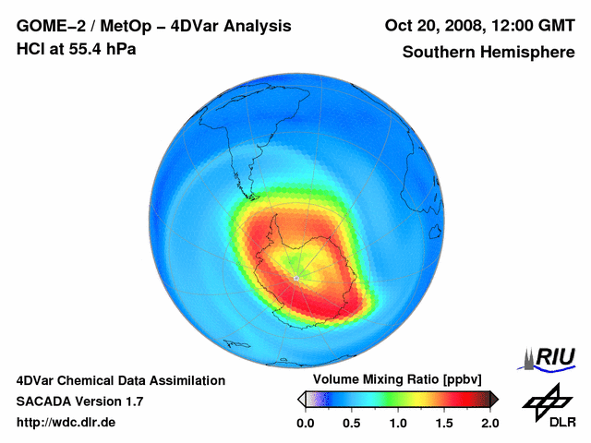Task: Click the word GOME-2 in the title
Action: click(x=46, y=27)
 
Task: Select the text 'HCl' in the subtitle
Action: click(x=30, y=48)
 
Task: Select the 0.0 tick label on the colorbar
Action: click(x=305, y=423)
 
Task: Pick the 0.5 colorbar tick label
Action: click(x=351, y=423)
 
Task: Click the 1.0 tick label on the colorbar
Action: click(x=397, y=423)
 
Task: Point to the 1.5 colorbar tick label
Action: click(x=443, y=423)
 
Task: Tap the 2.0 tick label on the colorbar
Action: click(x=489, y=423)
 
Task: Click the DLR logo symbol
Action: click(x=546, y=401)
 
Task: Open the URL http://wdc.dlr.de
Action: click(x=66, y=423)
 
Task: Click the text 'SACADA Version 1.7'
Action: click(x=79, y=401)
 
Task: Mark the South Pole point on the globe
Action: click(x=295, y=277)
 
